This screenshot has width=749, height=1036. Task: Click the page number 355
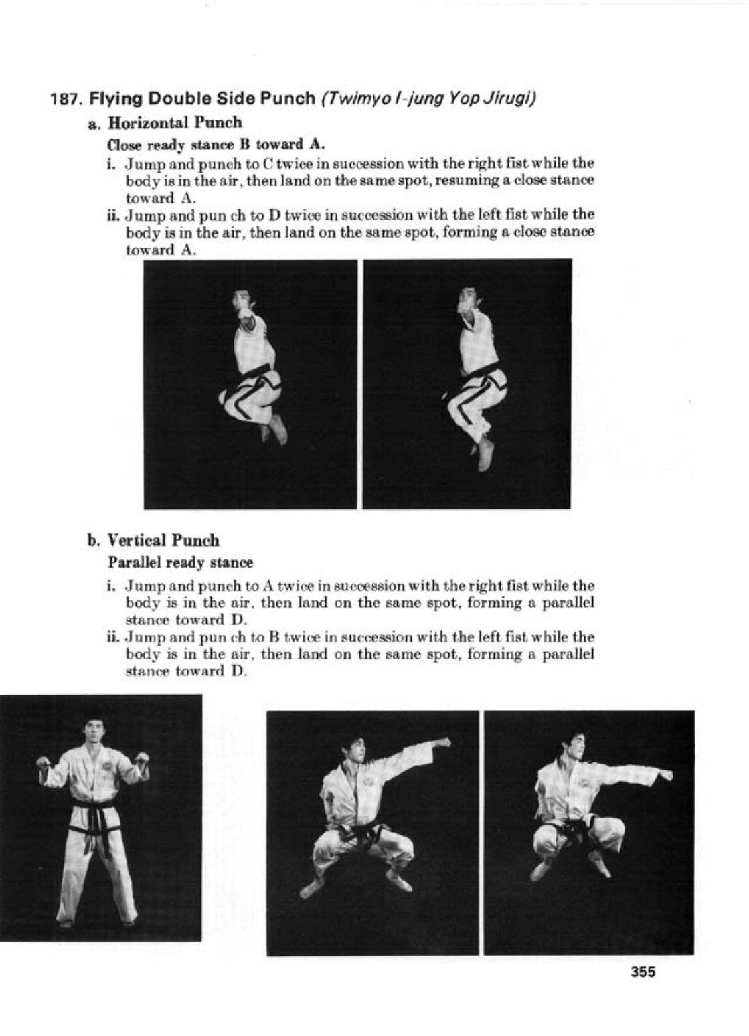point(643,972)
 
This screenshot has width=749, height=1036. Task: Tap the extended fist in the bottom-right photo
point(665,774)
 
